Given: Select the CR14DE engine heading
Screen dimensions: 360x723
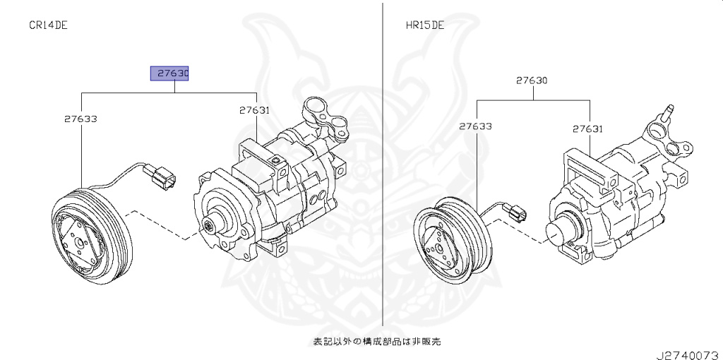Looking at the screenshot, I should point(48,25).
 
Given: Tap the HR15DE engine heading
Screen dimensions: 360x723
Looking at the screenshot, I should point(424,25).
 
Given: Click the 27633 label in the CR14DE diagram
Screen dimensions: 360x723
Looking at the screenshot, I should point(80,119).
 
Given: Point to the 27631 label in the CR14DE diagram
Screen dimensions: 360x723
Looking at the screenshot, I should point(254,110).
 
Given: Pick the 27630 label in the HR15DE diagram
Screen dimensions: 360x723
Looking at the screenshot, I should point(531,80).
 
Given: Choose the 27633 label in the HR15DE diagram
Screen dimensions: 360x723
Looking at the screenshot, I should point(475,127).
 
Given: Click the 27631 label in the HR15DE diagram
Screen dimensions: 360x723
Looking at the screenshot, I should point(587,128).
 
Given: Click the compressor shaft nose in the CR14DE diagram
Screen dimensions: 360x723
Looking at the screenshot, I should point(210,226).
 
